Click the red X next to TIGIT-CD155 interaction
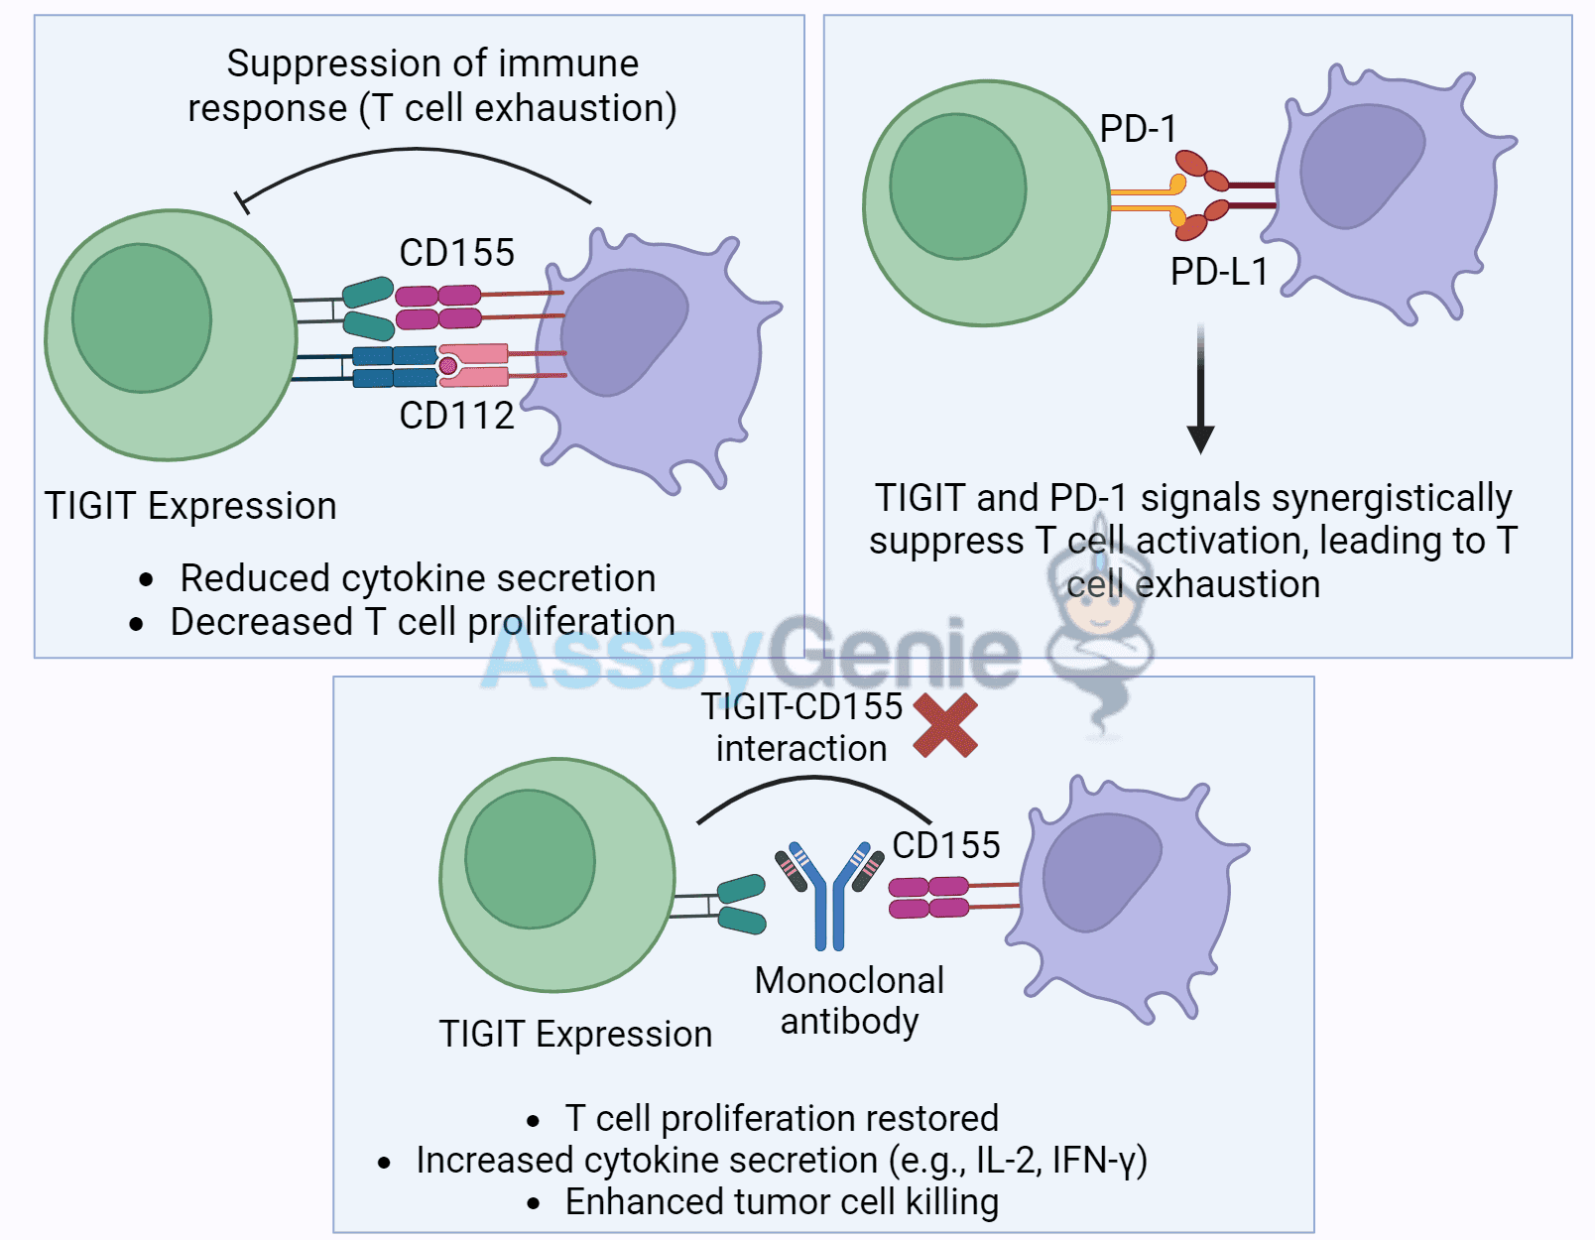pos(945,726)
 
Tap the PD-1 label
pos(1138,129)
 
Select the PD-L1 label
pos(1219,272)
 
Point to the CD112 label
pos(456,416)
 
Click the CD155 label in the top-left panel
pos(456,253)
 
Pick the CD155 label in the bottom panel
pos(945,845)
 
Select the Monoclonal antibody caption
pos(849,1000)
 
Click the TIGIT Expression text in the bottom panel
pos(575,1034)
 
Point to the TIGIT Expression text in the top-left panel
pos(190,506)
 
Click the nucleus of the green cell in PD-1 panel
pos(957,186)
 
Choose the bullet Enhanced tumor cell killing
pos(781,1201)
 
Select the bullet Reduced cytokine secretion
pos(417,578)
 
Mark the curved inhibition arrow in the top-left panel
pos(417,152)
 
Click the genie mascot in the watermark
pos(1099,635)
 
